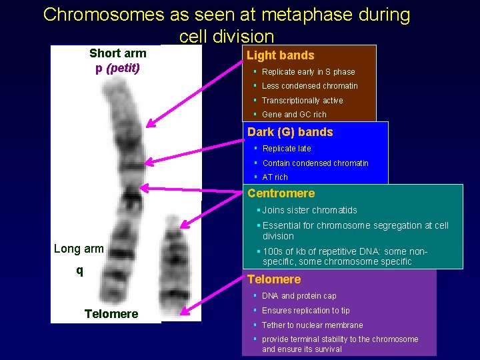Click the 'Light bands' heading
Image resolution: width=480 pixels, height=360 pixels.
(x=281, y=55)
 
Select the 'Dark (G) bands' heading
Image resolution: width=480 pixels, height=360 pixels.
(x=290, y=132)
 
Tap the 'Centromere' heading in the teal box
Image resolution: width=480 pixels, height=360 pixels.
(x=281, y=193)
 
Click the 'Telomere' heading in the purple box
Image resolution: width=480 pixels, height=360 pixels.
(x=274, y=279)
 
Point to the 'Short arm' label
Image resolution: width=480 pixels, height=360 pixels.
(x=117, y=53)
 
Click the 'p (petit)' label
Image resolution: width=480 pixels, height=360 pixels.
(x=117, y=67)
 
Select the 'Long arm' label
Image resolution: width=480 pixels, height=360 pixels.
(x=79, y=249)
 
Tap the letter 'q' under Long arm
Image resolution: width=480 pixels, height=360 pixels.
(x=79, y=270)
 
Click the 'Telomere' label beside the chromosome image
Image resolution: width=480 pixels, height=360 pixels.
(x=111, y=314)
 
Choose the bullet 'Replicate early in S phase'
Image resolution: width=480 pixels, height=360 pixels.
(x=308, y=72)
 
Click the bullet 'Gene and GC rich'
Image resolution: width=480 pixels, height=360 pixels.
(x=294, y=115)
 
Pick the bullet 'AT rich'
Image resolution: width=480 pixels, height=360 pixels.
(x=275, y=177)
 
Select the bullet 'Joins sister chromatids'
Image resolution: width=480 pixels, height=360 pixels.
(x=310, y=211)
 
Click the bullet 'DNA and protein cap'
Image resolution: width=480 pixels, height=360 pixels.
(x=299, y=296)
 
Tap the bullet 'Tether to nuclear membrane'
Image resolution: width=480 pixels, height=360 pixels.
(x=312, y=325)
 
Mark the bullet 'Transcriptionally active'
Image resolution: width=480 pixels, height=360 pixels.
(x=302, y=101)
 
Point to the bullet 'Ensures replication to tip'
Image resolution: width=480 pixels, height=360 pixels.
(x=305, y=311)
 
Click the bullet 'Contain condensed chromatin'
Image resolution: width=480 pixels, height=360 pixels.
(x=315, y=163)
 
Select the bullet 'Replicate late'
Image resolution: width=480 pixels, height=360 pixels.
(x=287, y=149)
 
